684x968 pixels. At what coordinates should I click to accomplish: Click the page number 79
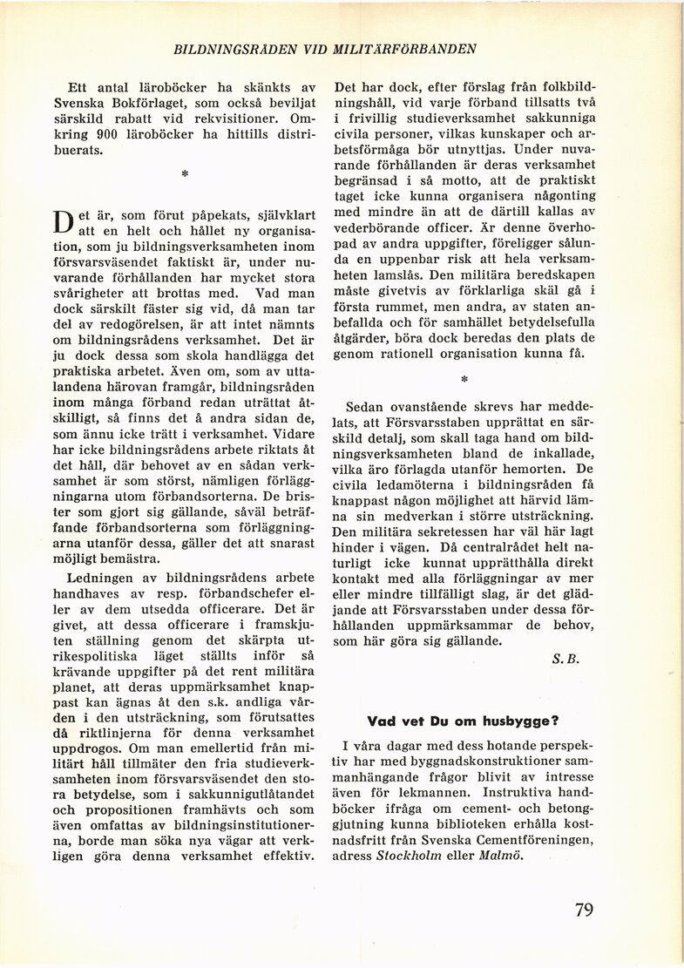tap(584, 910)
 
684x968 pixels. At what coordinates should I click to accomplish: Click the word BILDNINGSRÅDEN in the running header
tap(230, 49)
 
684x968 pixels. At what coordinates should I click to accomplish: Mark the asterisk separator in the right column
tap(464, 380)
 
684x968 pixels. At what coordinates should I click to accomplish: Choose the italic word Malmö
tap(501, 855)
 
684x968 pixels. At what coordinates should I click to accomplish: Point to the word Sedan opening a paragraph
tap(367, 407)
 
